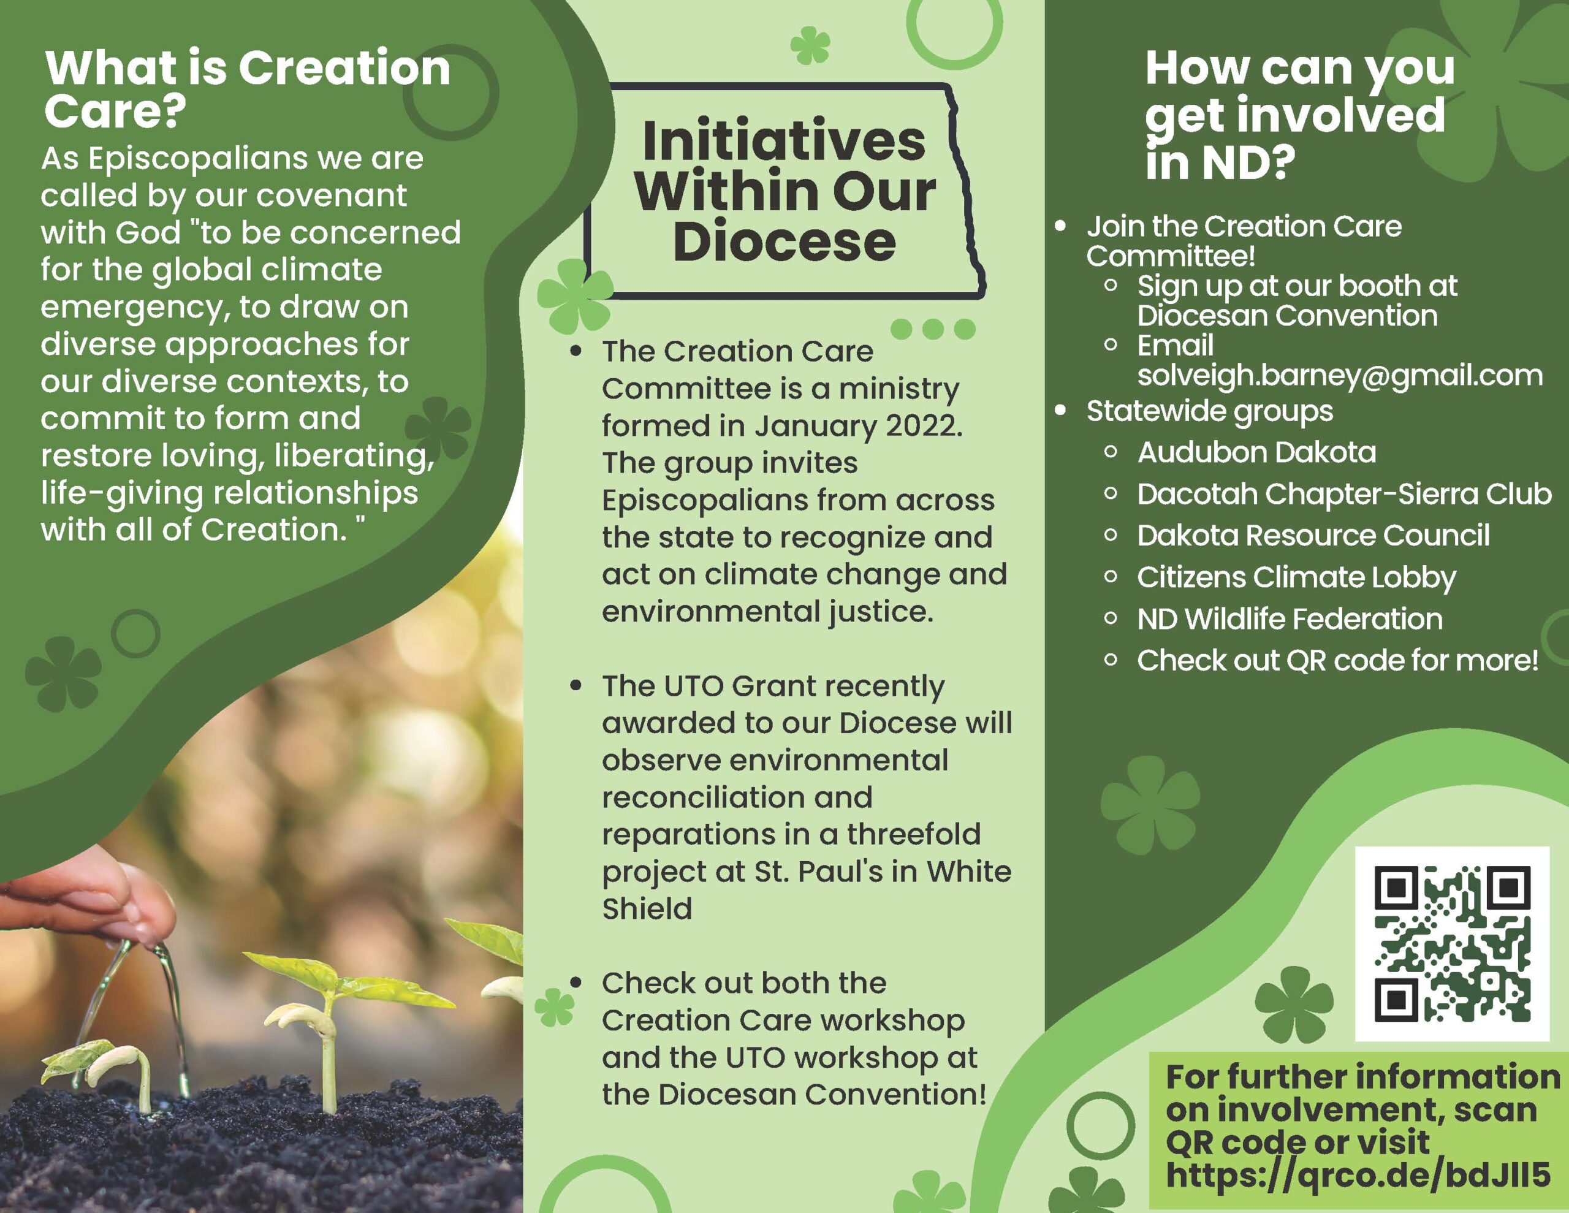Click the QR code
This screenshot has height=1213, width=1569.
click(1452, 943)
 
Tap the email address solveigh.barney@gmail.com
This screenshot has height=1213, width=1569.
click(1340, 375)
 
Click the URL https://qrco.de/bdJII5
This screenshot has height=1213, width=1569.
click(1357, 1175)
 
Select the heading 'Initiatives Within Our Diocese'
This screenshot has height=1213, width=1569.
click(784, 191)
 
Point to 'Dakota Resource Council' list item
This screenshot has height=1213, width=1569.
click(1313, 535)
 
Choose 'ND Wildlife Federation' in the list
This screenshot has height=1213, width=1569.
click(1290, 618)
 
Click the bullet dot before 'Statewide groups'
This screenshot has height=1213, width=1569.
click(1060, 410)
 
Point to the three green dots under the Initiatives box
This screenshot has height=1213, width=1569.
click(932, 329)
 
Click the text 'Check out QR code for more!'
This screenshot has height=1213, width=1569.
click(1338, 660)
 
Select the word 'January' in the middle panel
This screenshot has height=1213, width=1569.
click(815, 426)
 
